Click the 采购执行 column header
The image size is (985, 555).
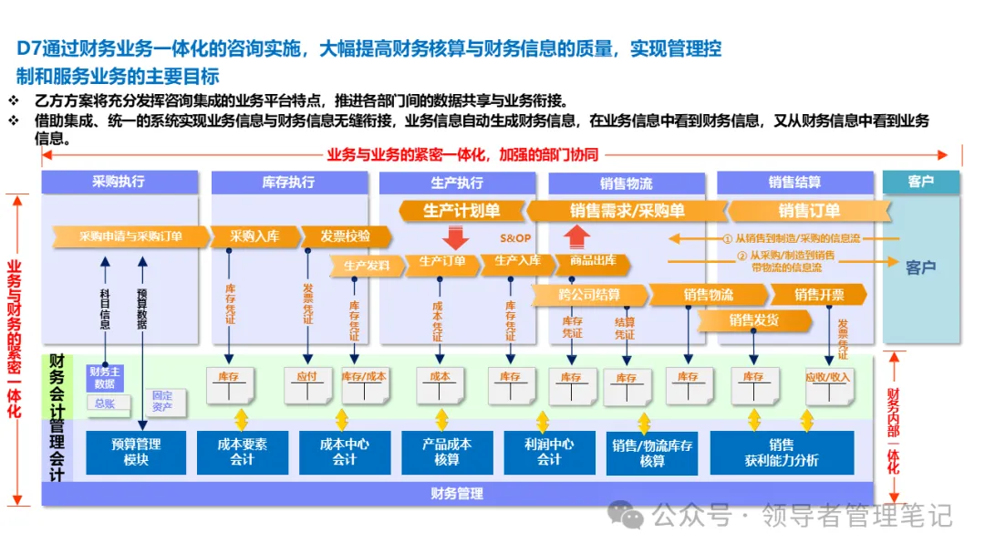[119, 182]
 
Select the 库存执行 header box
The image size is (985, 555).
[288, 182]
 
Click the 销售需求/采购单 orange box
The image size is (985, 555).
[627, 211]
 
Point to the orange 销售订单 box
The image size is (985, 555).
[808, 211]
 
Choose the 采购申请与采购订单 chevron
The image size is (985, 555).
[130, 236]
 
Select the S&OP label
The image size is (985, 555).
[514, 237]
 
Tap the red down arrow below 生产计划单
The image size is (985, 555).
[457, 238]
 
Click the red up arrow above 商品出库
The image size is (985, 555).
[577, 237]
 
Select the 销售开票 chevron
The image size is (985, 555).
[818, 295]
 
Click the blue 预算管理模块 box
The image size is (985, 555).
[136, 452]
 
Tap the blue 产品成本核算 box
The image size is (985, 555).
[447, 452]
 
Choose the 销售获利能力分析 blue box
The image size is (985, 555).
[782, 452]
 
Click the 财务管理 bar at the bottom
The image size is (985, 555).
[457, 494]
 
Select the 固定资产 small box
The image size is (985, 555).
[161, 401]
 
